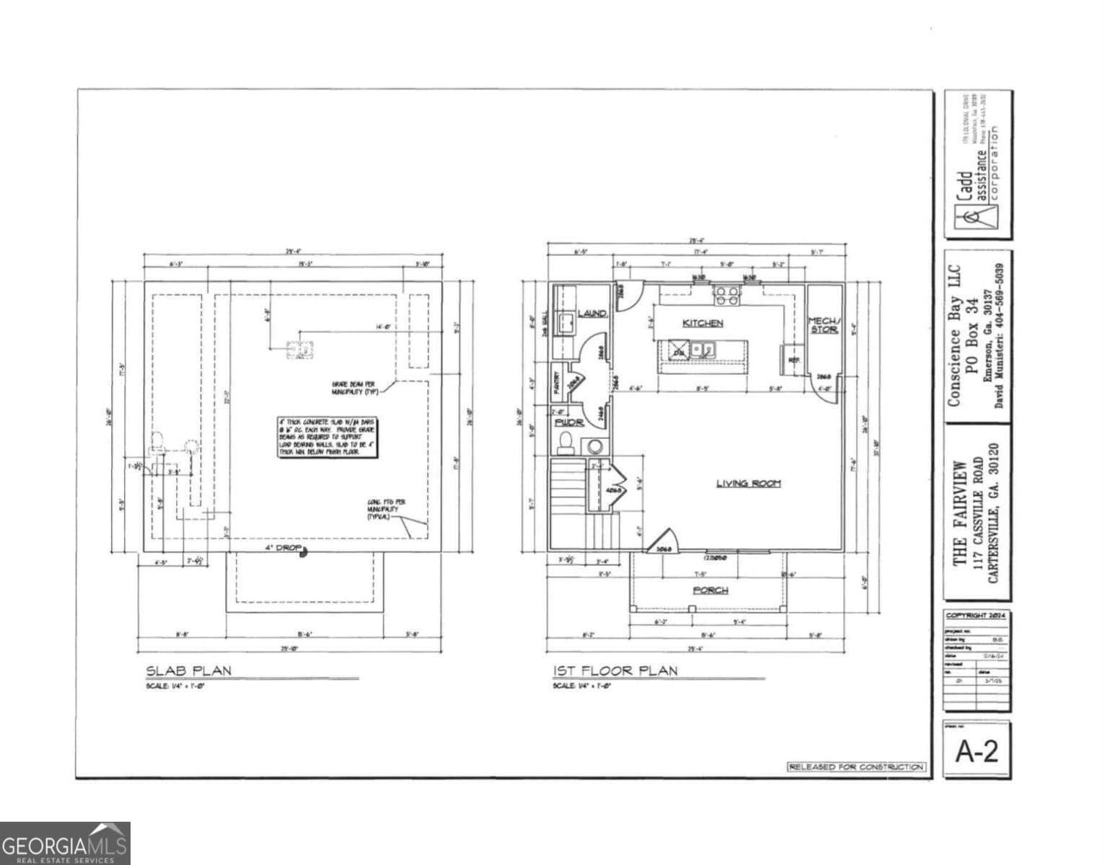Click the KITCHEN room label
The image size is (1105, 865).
pos(703,324)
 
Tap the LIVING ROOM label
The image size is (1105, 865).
pos(748,483)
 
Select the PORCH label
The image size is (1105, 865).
pos(710,590)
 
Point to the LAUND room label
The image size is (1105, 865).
pos(591,314)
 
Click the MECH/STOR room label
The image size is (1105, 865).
pos(823,325)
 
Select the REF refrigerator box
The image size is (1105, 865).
pos(793,359)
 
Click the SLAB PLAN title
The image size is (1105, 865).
pos(189,671)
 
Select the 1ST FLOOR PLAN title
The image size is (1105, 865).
pos(615,671)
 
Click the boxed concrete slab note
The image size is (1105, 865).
pos(328,436)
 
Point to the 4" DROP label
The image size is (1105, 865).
pos(283,549)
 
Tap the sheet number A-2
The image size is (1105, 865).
pos(977,751)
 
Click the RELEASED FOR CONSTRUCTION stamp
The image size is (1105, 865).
pos(855,767)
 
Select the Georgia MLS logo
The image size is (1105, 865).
pos(65,843)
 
